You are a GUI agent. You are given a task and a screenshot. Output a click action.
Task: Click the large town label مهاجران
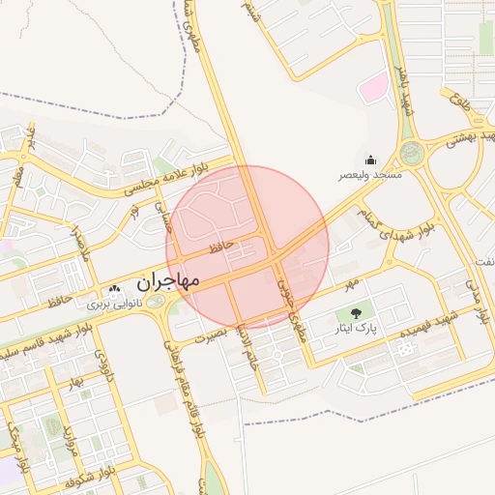point(167,282)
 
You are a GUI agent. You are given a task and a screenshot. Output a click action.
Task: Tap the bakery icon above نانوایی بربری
point(115,289)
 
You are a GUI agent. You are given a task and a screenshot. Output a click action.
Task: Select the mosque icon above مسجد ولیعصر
point(370,160)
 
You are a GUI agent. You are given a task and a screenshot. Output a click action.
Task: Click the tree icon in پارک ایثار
point(356,313)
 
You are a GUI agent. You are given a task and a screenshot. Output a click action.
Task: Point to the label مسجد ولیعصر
point(370,176)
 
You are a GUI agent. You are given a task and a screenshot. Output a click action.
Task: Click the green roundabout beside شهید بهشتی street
point(413,152)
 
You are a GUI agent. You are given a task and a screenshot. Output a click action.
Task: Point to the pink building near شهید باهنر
point(372,90)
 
